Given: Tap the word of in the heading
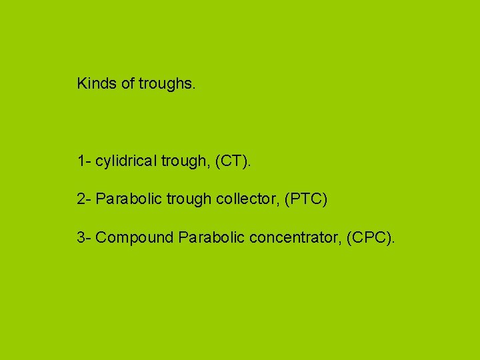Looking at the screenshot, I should (x=128, y=83).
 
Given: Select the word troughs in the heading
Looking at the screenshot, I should (x=167, y=84).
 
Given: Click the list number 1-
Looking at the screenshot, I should (x=84, y=161).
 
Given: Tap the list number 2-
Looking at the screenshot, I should (x=84, y=199).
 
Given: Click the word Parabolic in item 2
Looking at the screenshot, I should (x=127, y=199).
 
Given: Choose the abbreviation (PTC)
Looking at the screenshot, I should (x=306, y=199).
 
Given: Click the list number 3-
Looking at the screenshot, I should (x=84, y=237).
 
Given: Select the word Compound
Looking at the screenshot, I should (x=135, y=238).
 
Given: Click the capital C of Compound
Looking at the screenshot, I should (x=101, y=237).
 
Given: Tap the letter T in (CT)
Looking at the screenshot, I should (x=238, y=161).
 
